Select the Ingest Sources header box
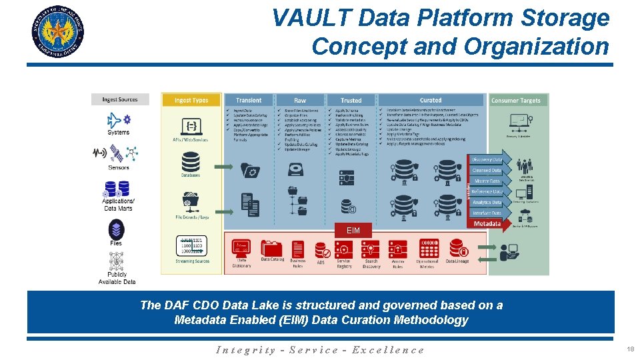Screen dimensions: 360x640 120,99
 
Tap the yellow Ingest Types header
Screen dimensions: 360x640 191,100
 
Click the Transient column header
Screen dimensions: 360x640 249,100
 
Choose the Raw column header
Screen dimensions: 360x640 300,100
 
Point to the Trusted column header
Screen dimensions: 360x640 351,100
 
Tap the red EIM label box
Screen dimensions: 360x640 353,230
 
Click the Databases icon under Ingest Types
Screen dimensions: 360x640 191,162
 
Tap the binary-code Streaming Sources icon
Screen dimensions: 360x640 191,245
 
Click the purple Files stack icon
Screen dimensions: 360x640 117,230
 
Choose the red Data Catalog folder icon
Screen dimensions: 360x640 272,248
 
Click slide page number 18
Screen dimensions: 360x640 630,349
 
